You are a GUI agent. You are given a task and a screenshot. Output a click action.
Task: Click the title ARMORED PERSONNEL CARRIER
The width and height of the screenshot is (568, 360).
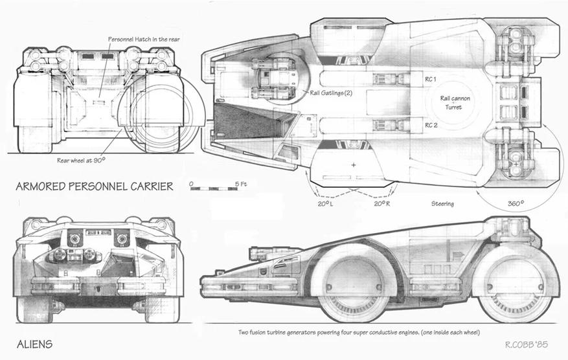(95, 186)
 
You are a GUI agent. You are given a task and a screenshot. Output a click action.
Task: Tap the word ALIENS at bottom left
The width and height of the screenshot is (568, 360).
(34, 344)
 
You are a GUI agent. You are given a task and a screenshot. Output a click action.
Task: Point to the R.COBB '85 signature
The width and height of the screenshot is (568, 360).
(527, 344)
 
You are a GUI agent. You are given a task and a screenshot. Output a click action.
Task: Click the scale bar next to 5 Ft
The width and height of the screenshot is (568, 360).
(214, 188)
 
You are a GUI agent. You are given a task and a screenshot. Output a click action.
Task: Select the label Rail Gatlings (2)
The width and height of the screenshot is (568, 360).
(331, 93)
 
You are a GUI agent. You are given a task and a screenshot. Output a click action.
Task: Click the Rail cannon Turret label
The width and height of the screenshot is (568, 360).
(455, 102)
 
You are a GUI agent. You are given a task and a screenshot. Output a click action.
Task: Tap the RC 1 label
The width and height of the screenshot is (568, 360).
(431, 79)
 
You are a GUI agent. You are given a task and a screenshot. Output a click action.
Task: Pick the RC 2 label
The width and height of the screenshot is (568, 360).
(431, 126)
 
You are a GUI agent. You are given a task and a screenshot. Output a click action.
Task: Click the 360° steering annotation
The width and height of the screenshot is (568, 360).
(516, 203)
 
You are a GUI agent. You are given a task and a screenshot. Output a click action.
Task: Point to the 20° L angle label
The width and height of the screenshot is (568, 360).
(325, 204)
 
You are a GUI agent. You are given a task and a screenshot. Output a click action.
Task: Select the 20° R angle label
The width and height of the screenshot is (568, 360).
(382, 204)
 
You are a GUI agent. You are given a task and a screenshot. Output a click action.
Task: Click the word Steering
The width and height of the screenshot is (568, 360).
(442, 203)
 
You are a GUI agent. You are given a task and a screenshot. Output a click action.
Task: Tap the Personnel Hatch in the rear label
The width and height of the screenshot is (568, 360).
(144, 39)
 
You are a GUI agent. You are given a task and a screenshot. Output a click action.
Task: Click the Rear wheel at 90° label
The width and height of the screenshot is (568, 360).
(81, 160)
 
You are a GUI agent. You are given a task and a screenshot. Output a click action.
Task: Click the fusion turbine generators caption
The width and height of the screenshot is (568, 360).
(359, 332)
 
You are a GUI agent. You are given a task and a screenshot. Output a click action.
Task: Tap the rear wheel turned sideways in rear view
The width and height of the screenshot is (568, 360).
(158, 115)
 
